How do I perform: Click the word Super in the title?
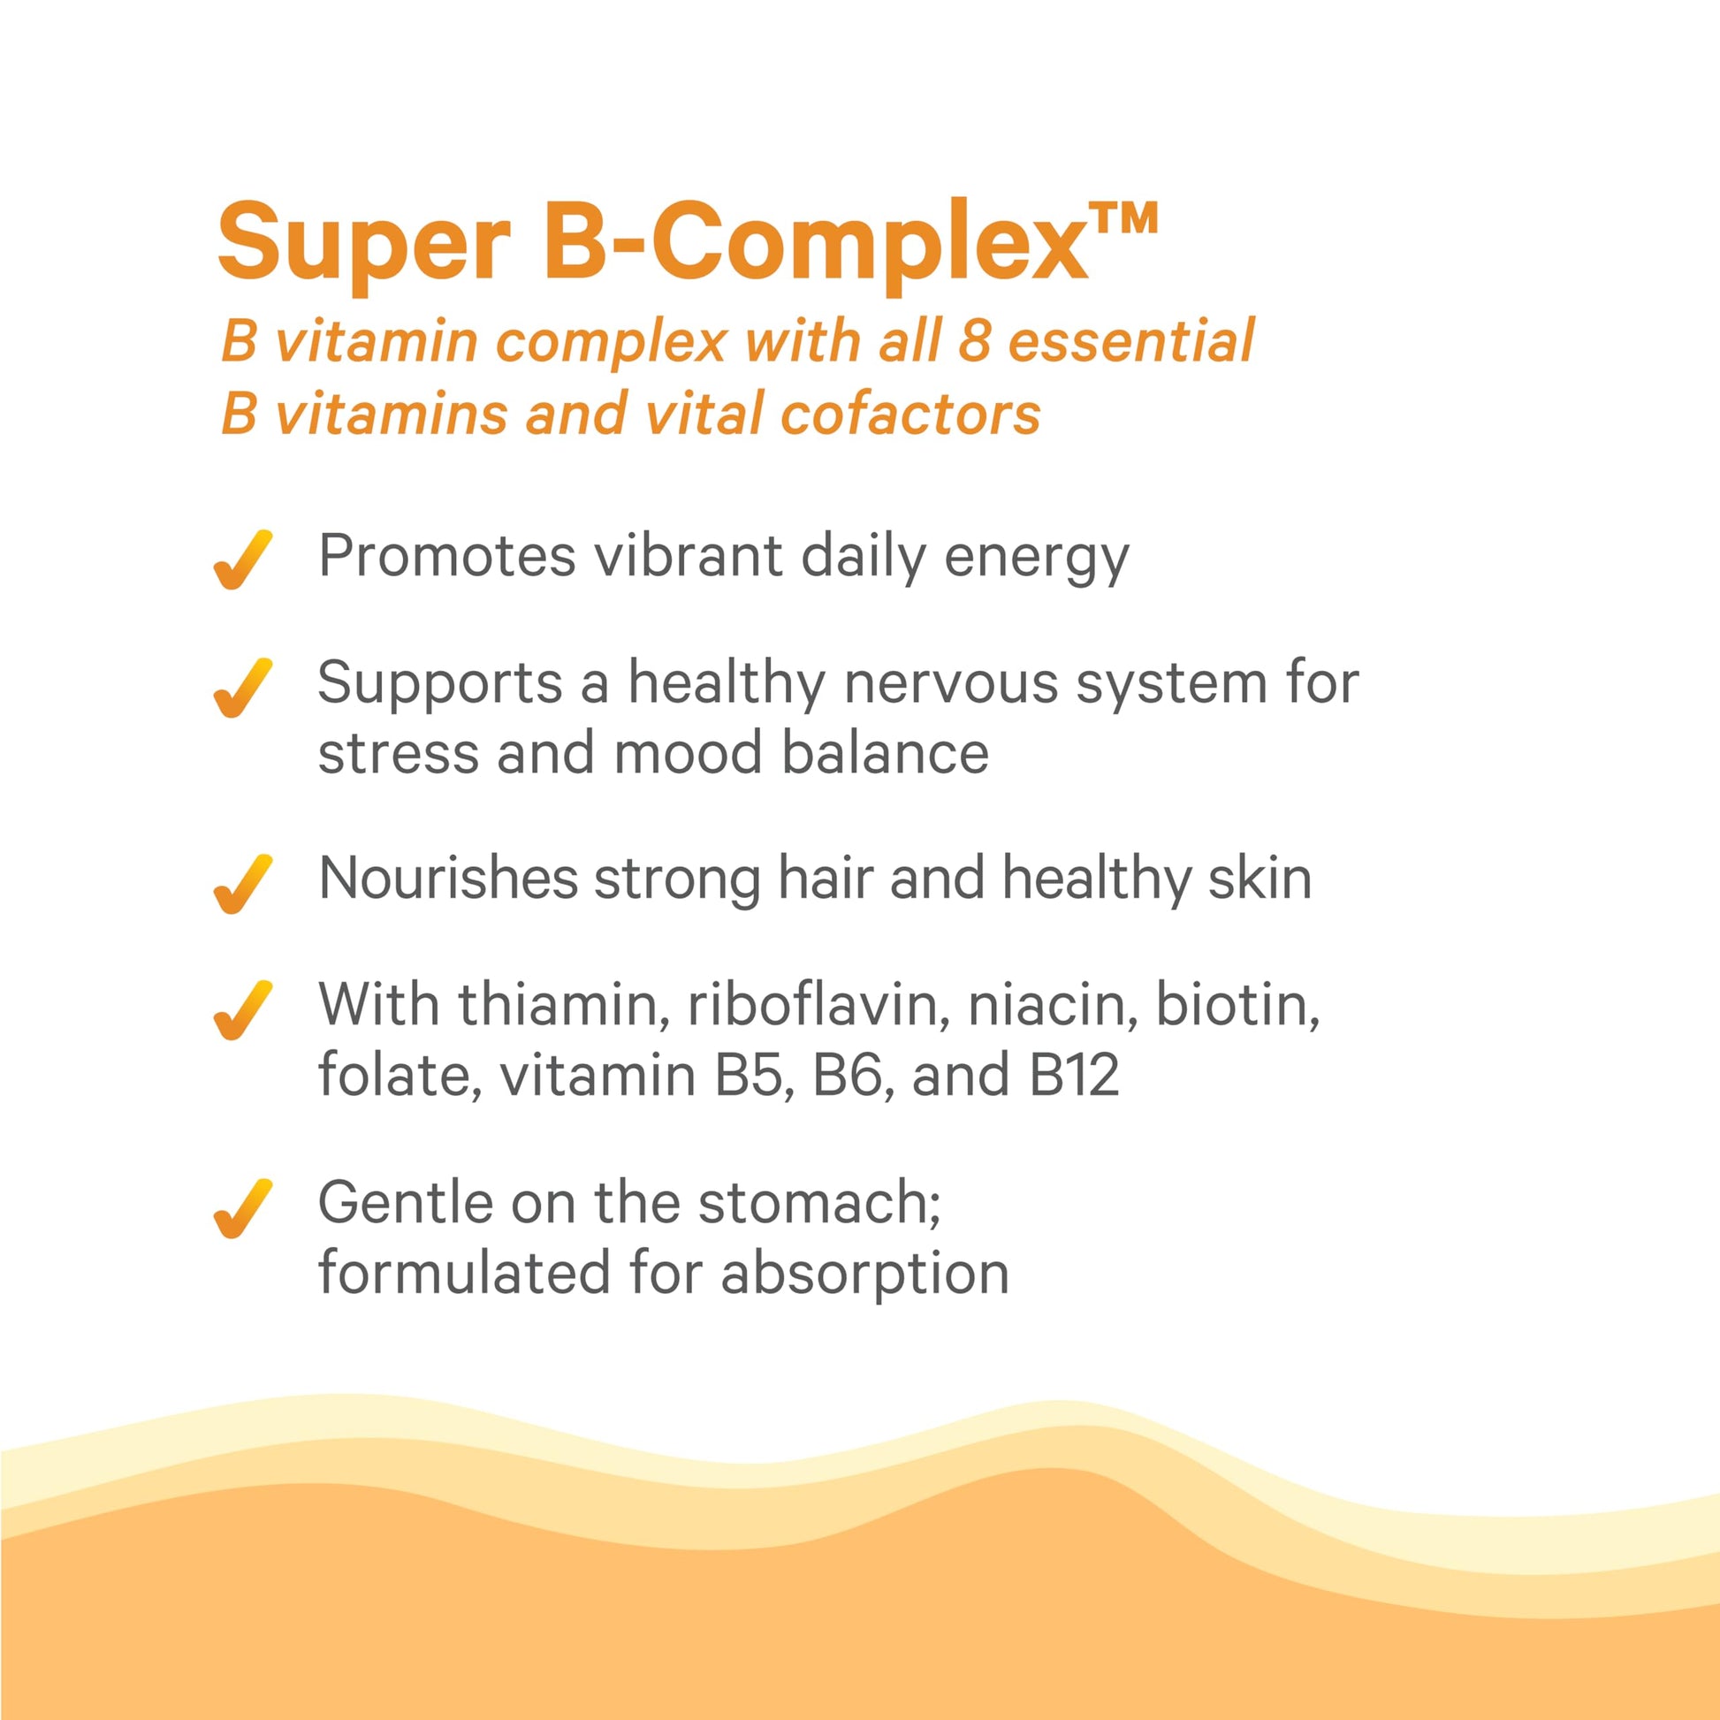click(363, 243)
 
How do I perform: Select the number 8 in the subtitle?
click(975, 340)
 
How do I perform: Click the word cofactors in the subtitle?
click(909, 414)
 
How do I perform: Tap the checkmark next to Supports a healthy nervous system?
click(242, 688)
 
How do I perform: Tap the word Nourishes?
click(449, 879)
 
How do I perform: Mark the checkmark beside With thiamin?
click(242, 1009)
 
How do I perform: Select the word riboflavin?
click(818, 1005)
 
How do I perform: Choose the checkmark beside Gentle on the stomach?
click(242, 1208)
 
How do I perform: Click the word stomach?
click(819, 1203)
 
